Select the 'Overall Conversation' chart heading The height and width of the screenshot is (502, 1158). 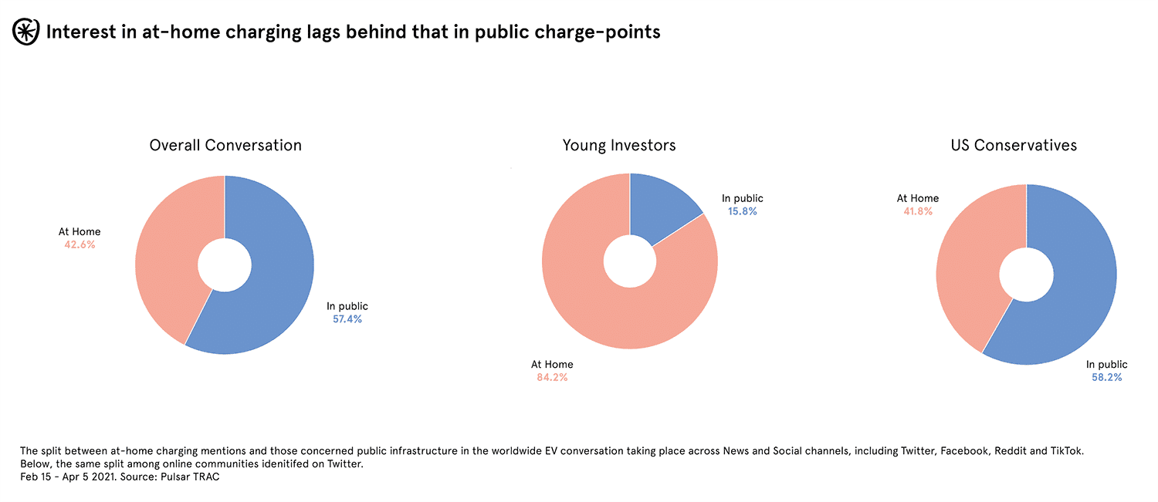pyautogui.click(x=225, y=145)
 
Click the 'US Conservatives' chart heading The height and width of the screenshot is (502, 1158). pyautogui.click(x=1014, y=145)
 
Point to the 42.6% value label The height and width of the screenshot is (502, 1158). pyautogui.click(x=80, y=244)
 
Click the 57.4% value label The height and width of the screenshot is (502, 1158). pyautogui.click(x=347, y=319)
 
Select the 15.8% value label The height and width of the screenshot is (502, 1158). pyautogui.click(x=743, y=211)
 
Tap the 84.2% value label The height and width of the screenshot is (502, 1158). pyautogui.click(x=552, y=378)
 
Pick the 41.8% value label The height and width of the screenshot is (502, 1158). pyautogui.click(x=918, y=211)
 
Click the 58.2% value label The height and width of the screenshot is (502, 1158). pyautogui.click(x=1106, y=378)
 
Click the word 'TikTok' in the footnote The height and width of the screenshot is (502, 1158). pyautogui.click(x=1067, y=451)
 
